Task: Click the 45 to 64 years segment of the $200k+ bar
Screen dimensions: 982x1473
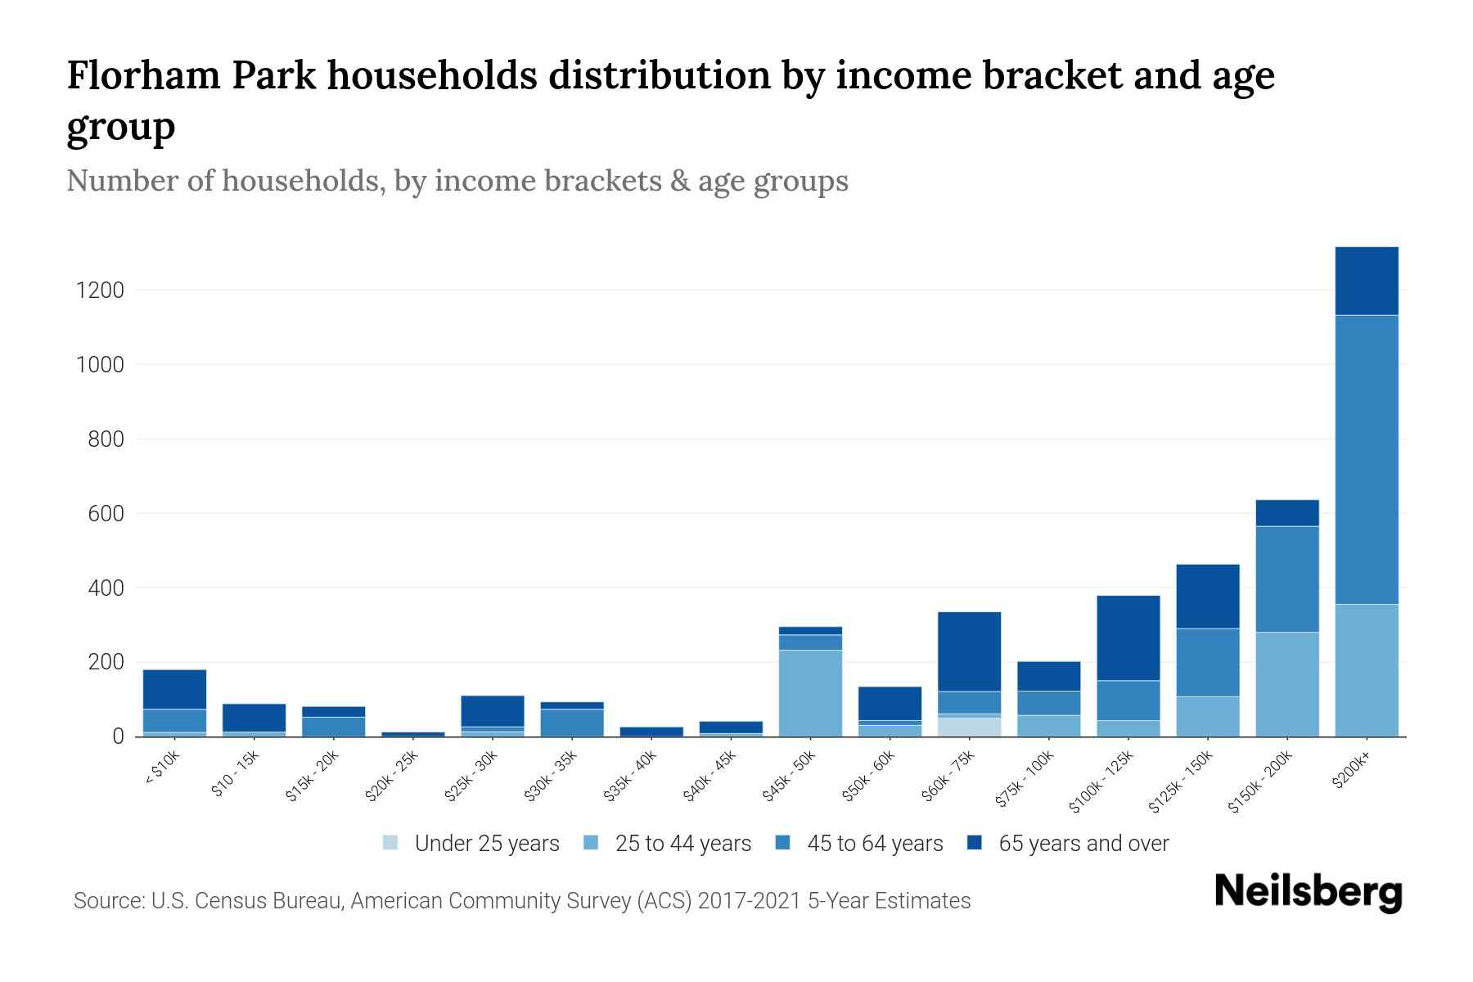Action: coord(1367,459)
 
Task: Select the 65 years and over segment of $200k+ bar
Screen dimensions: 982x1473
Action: coord(1367,281)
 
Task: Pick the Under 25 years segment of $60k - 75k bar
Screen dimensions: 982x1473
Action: coord(969,727)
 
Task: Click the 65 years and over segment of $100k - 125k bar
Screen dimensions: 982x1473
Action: coord(1128,637)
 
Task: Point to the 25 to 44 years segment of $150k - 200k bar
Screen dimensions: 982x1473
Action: coord(1287,683)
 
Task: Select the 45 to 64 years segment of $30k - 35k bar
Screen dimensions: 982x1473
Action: coord(572,722)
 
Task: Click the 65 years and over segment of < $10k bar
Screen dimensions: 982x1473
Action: coord(174,689)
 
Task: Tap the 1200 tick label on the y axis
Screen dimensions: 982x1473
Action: coord(100,291)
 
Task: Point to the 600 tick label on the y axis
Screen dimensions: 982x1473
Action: coord(106,514)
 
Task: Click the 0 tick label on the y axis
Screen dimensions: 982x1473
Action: coord(118,736)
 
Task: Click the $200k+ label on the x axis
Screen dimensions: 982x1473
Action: coord(1351,773)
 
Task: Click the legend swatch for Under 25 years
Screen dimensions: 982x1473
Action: coord(391,843)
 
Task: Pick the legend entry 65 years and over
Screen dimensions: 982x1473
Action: coord(1083,843)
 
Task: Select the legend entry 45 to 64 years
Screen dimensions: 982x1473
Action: coord(875,843)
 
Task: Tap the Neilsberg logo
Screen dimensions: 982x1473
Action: coord(1308,892)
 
